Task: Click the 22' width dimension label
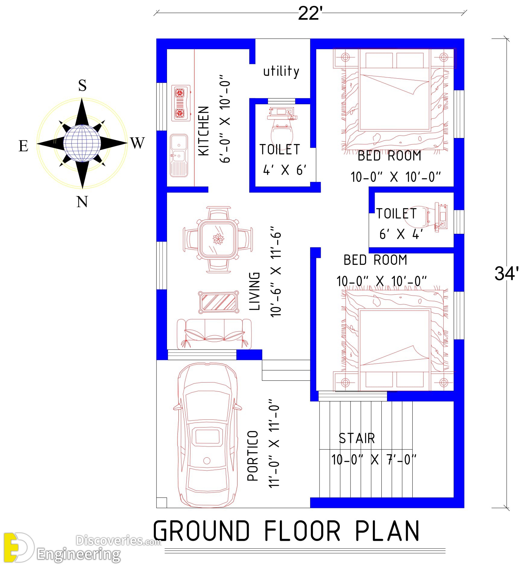[310, 14]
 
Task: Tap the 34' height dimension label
[506, 273]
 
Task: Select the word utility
[281, 71]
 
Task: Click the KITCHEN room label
[204, 131]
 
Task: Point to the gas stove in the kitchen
[181, 103]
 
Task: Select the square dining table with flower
[218, 240]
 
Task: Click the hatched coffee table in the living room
[218, 302]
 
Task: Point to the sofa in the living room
[214, 334]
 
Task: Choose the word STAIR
[357, 438]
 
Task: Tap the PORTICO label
[253, 456]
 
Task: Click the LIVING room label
[254, 291]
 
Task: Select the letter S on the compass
[82, 85]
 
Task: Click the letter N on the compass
[82, 202]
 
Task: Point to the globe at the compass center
[82, 143]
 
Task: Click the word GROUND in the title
[202, 531]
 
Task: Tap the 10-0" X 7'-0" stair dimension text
[374, 460]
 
